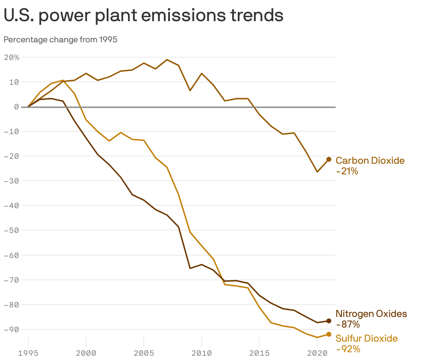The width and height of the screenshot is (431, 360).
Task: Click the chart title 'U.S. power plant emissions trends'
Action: point(143,16)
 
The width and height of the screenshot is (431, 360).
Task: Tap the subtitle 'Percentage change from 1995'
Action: point(60,40)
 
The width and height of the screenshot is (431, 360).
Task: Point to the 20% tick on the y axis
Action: point(11,57)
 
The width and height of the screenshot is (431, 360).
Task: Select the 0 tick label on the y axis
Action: point(17,107)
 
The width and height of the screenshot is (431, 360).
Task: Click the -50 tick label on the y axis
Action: point(11,230)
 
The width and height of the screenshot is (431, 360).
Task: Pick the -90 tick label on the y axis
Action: point(11,329)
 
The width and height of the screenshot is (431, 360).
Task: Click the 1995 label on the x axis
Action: point(28,353)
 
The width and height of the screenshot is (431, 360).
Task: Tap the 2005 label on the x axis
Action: point(143,353)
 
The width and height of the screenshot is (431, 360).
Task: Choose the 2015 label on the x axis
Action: point(259,353)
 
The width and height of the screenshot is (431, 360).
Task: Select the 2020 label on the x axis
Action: point(317,353)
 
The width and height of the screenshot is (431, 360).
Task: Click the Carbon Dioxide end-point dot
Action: point(329,160)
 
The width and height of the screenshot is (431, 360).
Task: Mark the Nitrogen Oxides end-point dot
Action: point(329,321)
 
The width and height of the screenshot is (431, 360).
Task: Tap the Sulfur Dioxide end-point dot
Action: point(329,334)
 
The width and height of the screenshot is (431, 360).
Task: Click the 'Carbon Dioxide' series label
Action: point(370,161)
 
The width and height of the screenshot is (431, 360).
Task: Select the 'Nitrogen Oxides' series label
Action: point(371,313)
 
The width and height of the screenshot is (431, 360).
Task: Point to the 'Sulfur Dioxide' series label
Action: point(366,338)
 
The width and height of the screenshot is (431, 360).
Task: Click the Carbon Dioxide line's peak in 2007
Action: point(167,60)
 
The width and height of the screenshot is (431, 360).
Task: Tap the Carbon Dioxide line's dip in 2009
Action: point(190,91)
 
